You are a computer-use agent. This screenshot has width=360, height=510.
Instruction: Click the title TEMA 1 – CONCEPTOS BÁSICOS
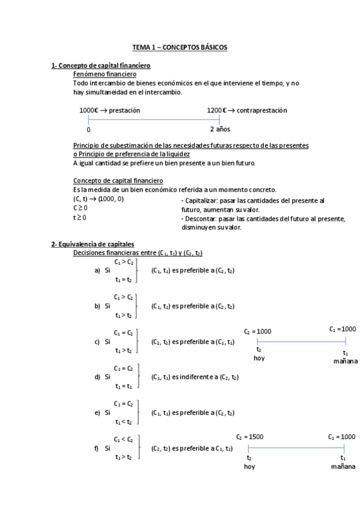pyautogui.click(x=180, y=47)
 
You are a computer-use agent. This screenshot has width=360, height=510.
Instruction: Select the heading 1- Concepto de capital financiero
pyautogui.click(x=100, y=65)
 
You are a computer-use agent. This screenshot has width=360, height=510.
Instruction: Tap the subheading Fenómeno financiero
pyautogui.click(x=105, y=74)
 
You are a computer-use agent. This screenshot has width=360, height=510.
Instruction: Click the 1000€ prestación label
pyautogui.click(x=109, y=111)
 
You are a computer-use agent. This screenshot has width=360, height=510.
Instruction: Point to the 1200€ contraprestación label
pyautogui.click(x=247, y=111)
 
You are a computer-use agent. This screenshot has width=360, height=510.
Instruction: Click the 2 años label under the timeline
pyautogui.click(x=220, y=129)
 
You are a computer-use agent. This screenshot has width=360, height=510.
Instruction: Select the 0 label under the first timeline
pyautogui.click(x=88, y=129)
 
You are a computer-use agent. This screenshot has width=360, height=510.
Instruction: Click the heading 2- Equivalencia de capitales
pyautogui.click(x=93, y=244)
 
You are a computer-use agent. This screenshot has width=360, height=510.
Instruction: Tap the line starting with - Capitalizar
pyautogui.click(x=252, y=200)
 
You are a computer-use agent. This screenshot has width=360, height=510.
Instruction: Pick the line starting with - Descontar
pyautogui.click(x=263, y=219)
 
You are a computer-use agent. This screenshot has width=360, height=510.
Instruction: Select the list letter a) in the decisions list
pyautogui.click(x=97, y=271)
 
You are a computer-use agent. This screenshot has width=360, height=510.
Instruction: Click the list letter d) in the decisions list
pyautogui.click(x=97, y=377)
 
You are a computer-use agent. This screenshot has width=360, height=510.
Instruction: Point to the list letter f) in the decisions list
pyautogui.click(x=97, y=448)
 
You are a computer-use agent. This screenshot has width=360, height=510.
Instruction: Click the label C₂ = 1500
pyautogui.click(x=249, y=437)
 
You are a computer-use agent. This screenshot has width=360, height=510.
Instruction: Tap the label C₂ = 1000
pyautogui.click(x=258, y=331)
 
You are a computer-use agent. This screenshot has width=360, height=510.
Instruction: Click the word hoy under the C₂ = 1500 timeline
pyautogui.click(x=249, y=467)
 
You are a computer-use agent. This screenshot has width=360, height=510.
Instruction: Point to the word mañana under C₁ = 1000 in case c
pyautogui.click(x=345, y=361)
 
